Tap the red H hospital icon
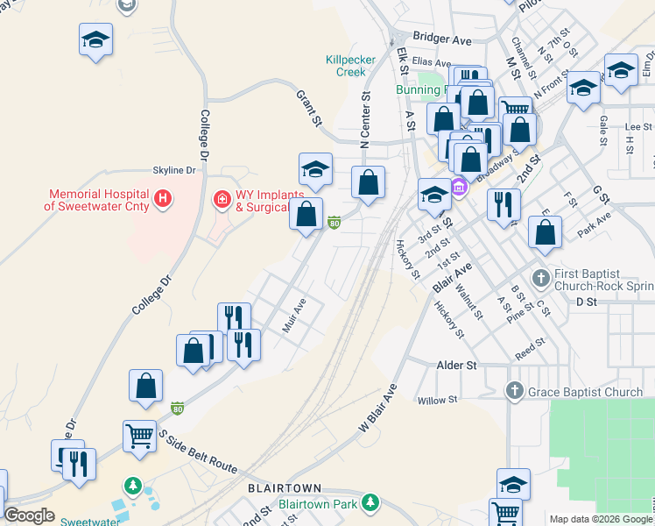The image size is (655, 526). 161,200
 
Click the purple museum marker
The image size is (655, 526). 458,186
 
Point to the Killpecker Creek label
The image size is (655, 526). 350,66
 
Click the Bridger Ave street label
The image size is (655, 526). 442,39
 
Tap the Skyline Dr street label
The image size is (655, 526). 173,170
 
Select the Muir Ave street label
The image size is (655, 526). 293,316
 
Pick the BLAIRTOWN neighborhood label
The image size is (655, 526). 285,487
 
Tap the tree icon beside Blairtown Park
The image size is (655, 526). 370,502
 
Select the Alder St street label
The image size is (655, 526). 456,365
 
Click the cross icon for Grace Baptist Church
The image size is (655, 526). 515,391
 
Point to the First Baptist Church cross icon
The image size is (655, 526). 540,277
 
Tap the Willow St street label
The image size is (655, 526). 439,401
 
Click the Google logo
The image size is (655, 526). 29,515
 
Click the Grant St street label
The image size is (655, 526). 310,107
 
